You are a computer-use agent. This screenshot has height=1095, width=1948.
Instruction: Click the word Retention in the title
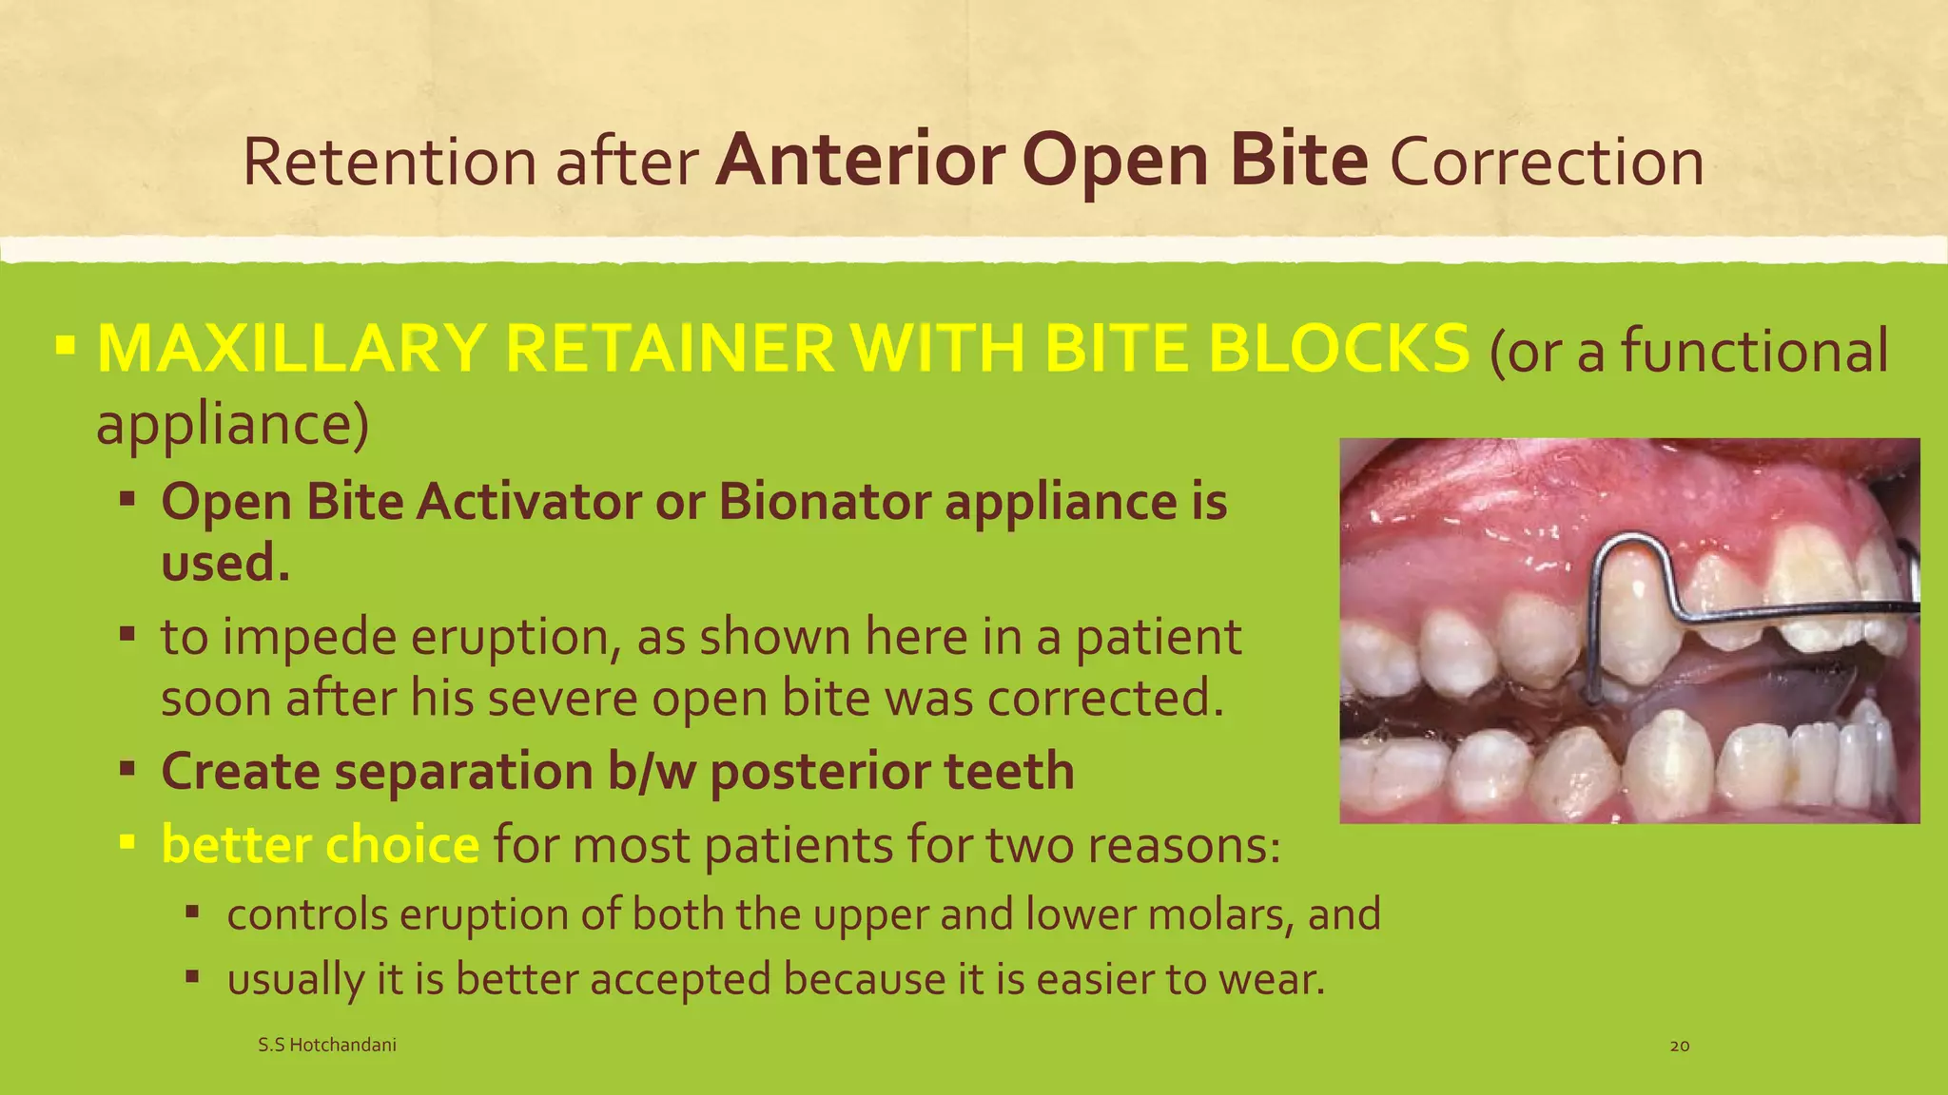390,162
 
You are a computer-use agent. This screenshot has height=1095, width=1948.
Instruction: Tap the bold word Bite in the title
1297,160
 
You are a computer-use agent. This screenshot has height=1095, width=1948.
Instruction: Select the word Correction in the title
1547,162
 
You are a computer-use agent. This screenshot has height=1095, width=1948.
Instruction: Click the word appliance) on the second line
232,425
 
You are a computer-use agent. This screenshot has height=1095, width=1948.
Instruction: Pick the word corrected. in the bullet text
1104,699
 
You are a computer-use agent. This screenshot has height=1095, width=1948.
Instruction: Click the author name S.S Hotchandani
326,1045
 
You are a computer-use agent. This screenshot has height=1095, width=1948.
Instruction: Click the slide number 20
1680,1046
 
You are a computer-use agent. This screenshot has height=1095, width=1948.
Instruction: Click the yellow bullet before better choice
127,842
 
